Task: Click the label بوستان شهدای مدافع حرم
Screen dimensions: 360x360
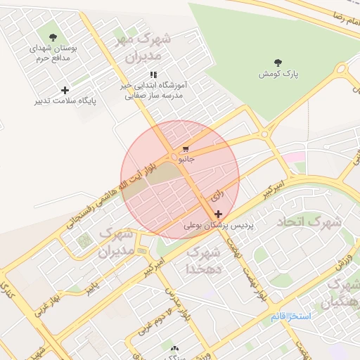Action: (x=53, y=53)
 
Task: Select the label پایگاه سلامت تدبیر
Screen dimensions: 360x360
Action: (x=65, y=101)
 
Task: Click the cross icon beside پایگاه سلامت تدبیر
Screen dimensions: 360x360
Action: (x=65, y=90)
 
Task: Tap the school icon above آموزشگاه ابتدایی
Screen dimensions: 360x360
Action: (x=153, y=75)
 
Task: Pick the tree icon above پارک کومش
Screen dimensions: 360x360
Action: (x=278, y=63)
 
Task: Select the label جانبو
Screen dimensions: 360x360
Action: (x=186, y=160)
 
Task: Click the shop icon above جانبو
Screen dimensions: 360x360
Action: (x=186, y=149)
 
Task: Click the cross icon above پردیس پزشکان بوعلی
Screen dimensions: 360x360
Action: (x=219, y=214)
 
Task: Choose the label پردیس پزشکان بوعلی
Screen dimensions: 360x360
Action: (x=217, y=226)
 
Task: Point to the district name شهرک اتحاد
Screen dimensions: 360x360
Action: (x=309, y=223)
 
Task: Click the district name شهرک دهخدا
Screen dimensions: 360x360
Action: (x=205, y=260)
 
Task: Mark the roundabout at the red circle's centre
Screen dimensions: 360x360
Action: (x=173, y=157)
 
